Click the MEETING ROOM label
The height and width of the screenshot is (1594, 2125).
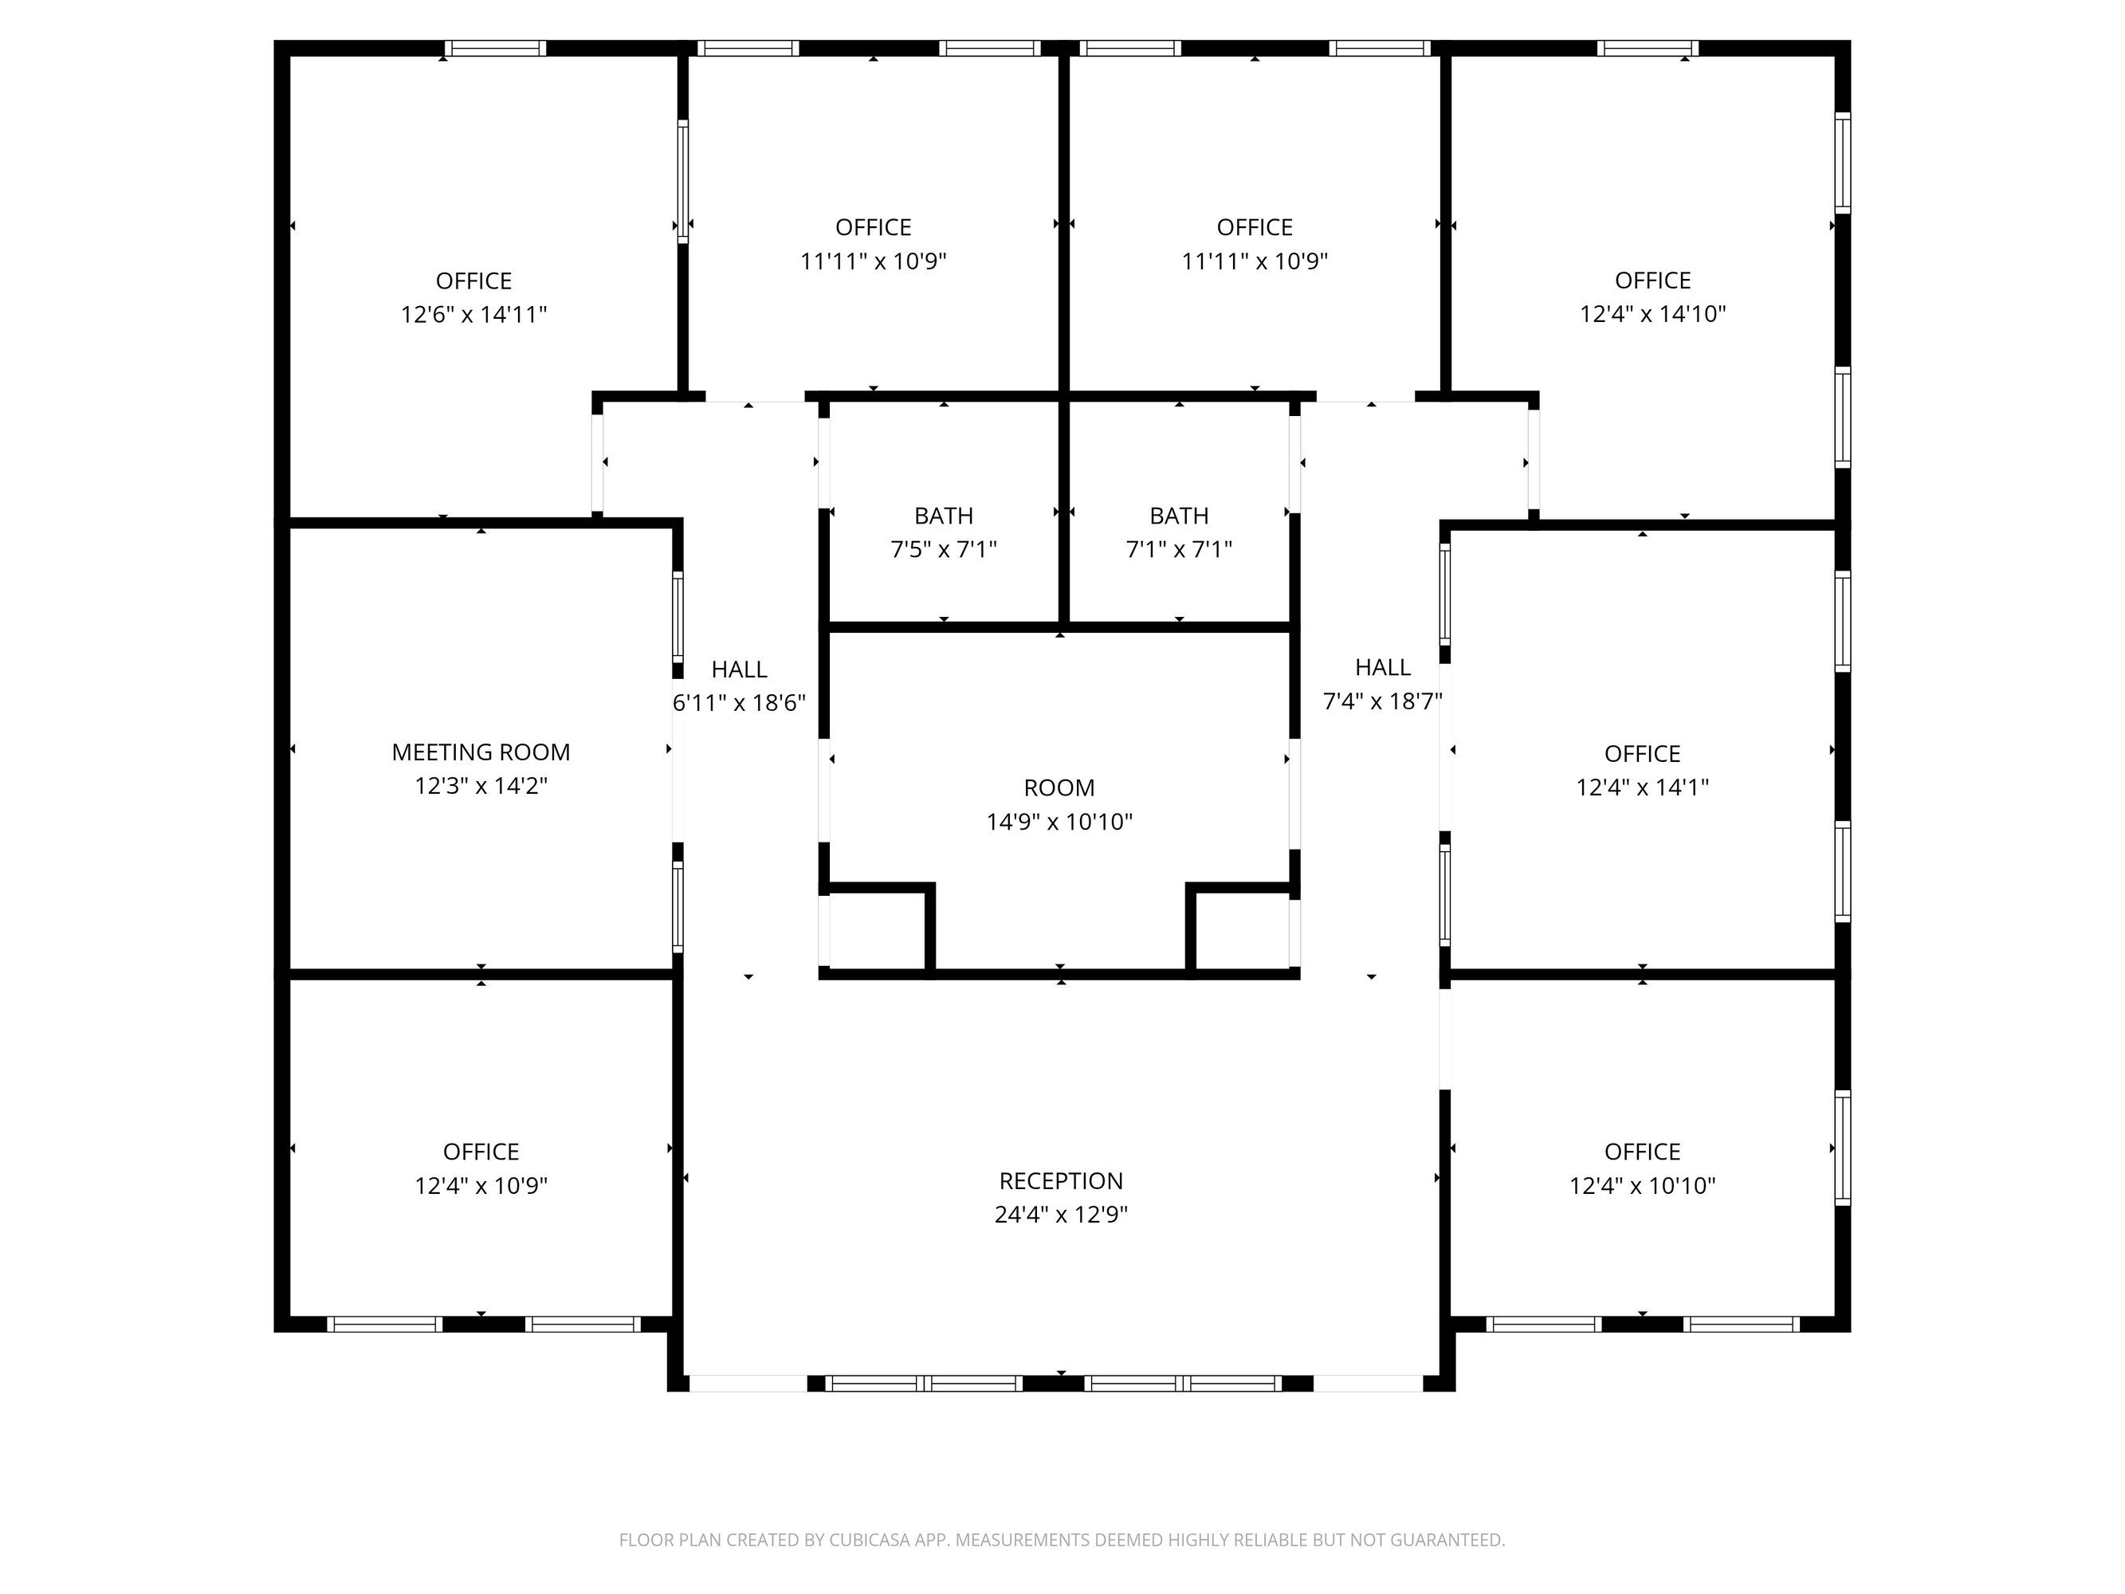[x=481, y=752]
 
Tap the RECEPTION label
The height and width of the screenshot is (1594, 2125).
[x=1061, y=1181]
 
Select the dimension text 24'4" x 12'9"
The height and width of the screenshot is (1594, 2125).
[x=1061, y=1215]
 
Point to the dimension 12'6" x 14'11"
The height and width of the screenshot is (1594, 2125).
[x=473, y=314]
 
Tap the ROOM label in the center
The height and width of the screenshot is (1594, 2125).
[x=1059, y=788]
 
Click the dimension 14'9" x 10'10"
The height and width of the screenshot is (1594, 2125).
[x=1059, y=822]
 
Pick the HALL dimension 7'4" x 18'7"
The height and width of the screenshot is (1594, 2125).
[x=1382, y=701]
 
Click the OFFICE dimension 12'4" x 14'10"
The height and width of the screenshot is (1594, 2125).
[x=1652, y=313]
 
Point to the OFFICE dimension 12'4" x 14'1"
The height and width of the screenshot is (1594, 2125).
[x=1642, y=787]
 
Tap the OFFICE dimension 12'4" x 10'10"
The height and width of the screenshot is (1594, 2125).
[x=1642, y=1186]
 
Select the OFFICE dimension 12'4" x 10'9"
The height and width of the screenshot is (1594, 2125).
[x=481, y=1186]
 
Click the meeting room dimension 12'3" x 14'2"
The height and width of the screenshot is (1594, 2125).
[x=481, y=786]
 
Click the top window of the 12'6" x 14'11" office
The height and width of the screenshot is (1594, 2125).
[x=495, y=48]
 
